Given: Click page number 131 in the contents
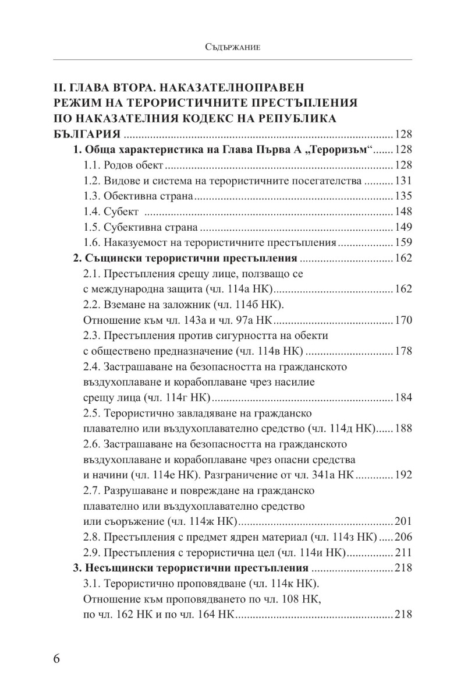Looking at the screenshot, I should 403,179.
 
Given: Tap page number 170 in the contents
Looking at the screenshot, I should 403,319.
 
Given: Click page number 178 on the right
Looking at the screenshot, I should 403,351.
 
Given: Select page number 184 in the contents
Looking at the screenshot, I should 403,398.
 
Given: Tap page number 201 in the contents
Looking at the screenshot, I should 403,521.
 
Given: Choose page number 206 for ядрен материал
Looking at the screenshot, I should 403,536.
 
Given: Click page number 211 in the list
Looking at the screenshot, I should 403,552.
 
